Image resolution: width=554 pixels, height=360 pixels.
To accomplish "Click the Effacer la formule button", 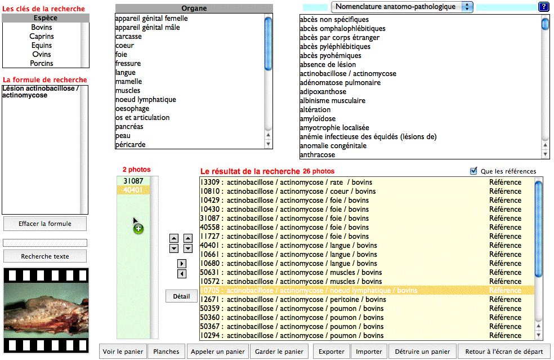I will [45, 224].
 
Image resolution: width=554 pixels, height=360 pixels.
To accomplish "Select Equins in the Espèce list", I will [42, 46].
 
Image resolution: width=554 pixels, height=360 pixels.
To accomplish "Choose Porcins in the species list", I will [42, 64].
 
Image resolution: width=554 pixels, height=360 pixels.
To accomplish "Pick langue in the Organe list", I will [126, 73].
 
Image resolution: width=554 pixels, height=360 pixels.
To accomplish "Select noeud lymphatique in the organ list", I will [146, 100].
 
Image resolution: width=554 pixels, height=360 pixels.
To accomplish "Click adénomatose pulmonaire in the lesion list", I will [340, 83].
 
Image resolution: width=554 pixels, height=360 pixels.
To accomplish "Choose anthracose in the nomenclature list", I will [318, 155].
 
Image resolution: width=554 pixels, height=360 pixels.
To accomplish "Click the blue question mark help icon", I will [543, 7].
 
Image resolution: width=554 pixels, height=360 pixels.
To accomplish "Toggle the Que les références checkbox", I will [473, 171].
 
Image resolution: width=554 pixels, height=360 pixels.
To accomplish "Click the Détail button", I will [181, 296].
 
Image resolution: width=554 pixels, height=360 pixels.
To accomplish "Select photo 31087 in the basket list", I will [133, 181].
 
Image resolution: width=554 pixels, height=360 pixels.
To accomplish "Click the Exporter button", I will [332, 352].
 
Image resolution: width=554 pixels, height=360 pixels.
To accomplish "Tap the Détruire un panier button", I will [422, 352].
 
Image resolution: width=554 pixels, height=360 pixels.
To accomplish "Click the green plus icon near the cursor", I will [138, 229].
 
